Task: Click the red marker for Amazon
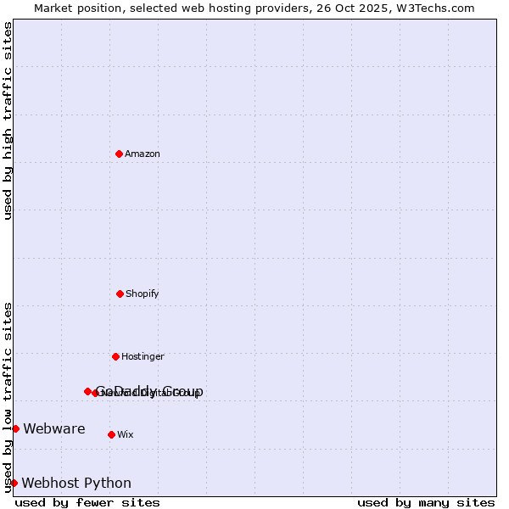119,154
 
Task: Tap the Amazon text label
143,154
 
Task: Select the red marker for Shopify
120,294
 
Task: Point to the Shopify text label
143,294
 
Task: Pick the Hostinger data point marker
115,356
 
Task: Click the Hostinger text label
143,357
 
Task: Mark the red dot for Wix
111,434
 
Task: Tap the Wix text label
126,435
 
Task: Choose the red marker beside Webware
15,428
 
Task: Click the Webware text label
54,429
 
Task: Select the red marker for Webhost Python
14,483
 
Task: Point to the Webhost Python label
76,484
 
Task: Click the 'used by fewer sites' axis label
87,503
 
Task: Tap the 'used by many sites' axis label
426,503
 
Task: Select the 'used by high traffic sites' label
8,120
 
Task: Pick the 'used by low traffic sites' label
8,396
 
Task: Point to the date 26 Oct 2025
365,8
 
